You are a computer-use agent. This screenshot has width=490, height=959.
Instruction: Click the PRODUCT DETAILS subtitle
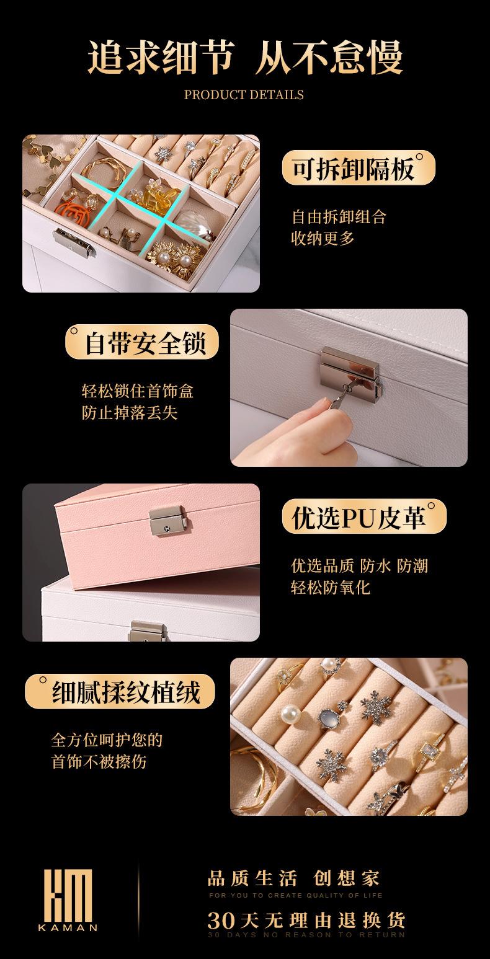(244, 95)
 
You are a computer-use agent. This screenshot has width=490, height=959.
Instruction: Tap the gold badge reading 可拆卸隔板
(358, 169)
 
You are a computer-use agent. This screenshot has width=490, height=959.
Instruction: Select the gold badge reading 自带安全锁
(143, 342)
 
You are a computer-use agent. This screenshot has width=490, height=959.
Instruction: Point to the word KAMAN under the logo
(68, 928)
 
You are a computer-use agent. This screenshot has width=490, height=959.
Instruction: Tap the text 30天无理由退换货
(306, 919)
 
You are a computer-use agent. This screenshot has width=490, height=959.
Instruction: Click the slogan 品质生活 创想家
(293, 878)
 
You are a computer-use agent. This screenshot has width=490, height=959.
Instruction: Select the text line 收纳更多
(323, 238)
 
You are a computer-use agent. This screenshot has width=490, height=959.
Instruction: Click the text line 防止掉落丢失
(130, 412)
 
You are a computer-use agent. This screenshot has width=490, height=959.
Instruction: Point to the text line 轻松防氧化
(330, 586)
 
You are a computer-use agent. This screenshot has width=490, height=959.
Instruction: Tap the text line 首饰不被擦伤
(99, 761)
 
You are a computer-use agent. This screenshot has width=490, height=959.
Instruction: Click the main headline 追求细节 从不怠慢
(245, 58)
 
